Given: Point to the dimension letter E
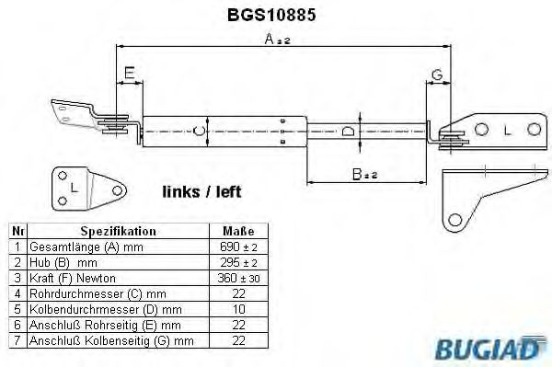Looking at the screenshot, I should point(129,72).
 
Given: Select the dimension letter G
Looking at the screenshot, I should point(437,73).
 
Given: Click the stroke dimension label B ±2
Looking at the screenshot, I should point(363,172).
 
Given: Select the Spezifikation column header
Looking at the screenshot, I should point(118,232).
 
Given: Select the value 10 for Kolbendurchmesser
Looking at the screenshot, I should point(238,310).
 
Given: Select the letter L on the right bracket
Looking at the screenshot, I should point(507,132).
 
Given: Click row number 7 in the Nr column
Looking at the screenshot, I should point(17,341).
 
